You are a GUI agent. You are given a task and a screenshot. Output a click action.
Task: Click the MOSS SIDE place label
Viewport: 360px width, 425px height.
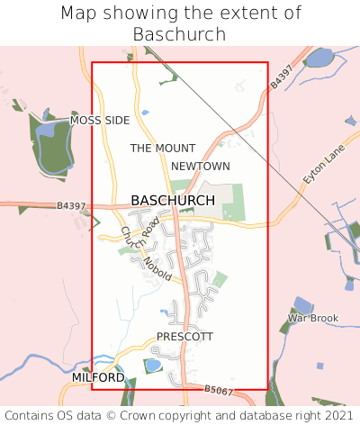click(x=100, y=120)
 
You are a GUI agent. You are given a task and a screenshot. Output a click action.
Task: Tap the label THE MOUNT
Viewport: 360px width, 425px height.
click(x=163, y=148)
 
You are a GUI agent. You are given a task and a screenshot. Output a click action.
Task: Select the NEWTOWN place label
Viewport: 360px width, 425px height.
click(x=201, y=167)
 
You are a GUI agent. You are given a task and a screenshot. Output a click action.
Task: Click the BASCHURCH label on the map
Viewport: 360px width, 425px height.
click(x=173, y=200)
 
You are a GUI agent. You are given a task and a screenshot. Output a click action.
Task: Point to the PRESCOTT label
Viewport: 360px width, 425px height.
click(x=184, y=336)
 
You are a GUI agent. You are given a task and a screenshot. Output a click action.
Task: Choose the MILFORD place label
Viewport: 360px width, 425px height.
click(x=98, y=377)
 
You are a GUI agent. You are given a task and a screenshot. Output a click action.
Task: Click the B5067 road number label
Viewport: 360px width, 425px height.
click(x=218, y=390)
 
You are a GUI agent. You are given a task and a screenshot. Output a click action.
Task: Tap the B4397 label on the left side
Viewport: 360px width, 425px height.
click(x=70, y=206)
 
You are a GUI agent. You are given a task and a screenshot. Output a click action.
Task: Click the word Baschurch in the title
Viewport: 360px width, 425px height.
click(x=180, y=34)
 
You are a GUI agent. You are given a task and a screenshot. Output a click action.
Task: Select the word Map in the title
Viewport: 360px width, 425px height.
click(x=78, y=14)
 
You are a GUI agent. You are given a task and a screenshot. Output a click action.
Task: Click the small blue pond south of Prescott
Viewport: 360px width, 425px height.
click(x=152, y=365)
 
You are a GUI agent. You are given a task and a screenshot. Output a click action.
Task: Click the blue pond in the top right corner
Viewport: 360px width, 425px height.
click(x=319, y=59)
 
